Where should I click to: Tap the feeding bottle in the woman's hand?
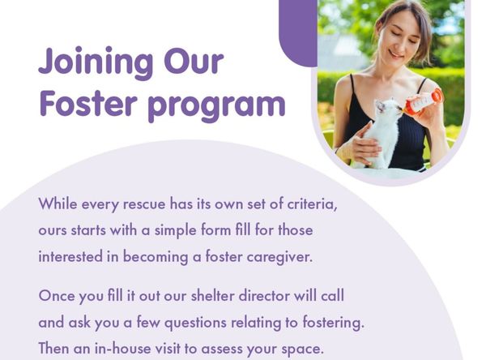(422, 102)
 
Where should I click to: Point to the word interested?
(70, 257)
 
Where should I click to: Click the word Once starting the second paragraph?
(59, 295)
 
